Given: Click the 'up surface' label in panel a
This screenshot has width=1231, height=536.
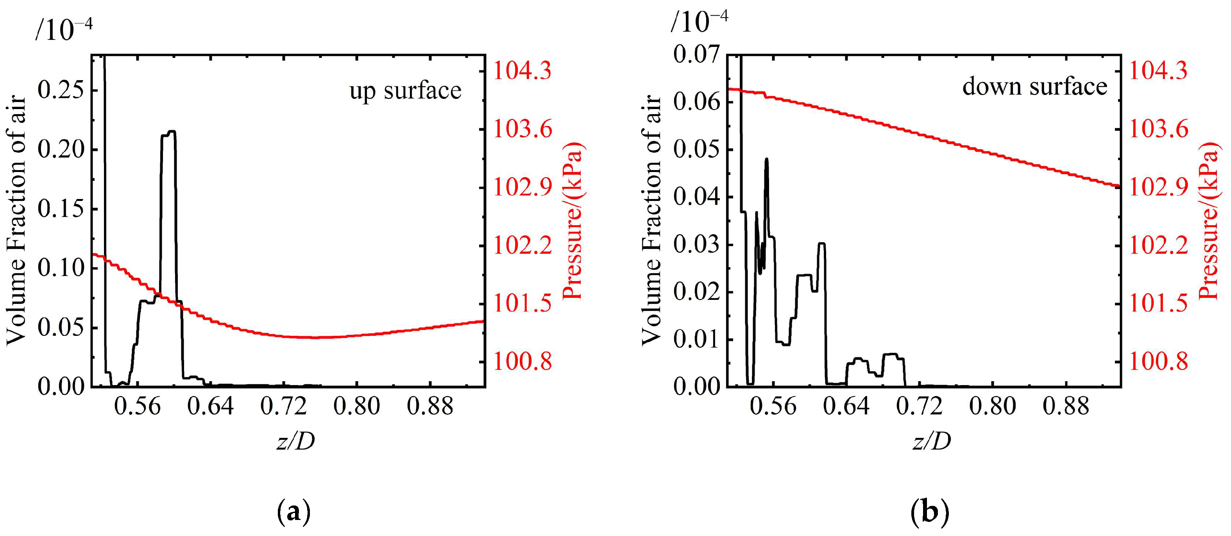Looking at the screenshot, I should [405, 90].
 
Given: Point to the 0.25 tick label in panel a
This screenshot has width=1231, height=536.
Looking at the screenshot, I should [60, 90].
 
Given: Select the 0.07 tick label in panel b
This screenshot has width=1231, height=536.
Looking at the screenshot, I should [696, 54].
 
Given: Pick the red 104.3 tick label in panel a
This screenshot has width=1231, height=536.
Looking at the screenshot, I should [522, 71].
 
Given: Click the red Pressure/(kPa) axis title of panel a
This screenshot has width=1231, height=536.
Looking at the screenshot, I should [573, 221].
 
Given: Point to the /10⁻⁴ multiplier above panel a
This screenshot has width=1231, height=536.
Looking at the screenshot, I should [64, 30].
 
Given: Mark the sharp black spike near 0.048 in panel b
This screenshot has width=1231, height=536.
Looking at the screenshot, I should [766, 160].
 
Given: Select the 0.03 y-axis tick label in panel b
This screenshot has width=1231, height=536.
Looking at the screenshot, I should [696, 244].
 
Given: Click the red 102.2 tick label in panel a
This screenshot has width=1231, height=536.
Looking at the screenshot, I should [522, 245].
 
